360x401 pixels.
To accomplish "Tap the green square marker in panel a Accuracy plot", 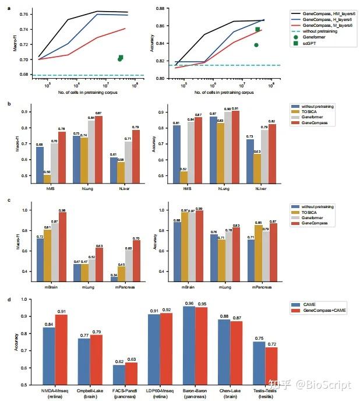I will (257, 29).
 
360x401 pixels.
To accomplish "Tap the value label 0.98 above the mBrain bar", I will (62, 210).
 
